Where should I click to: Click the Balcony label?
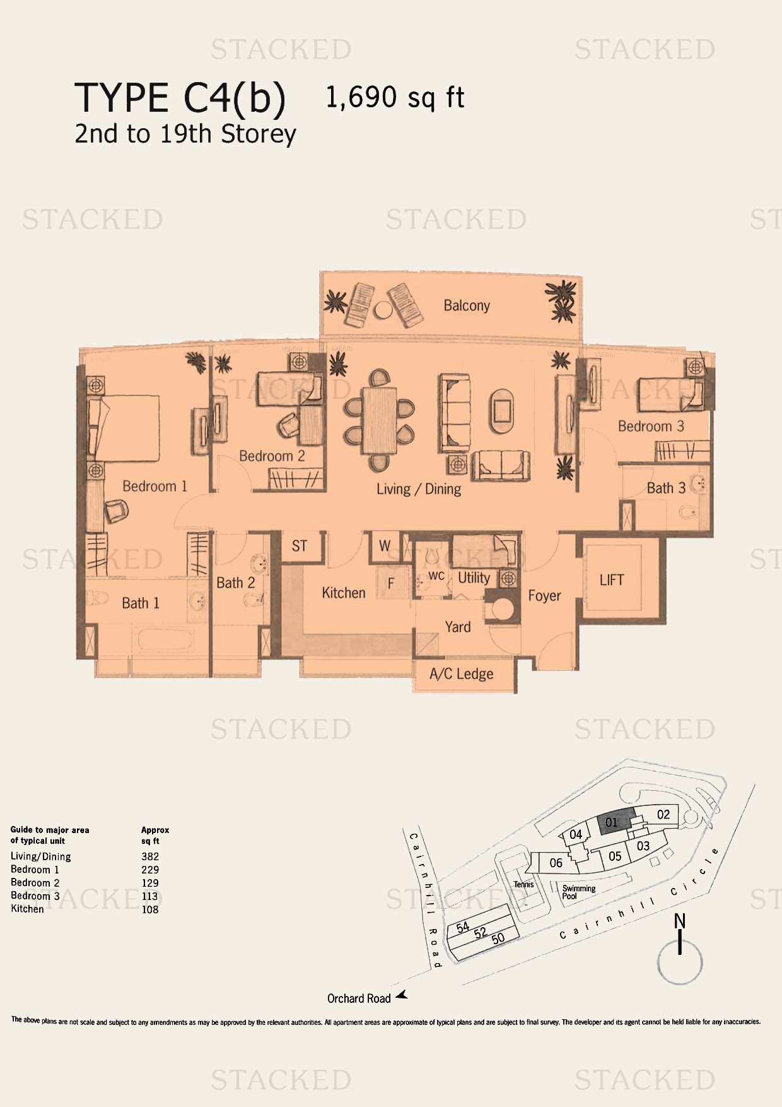point(467,305)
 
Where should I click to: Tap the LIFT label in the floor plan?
point(612,580)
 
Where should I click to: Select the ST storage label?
point(300,546)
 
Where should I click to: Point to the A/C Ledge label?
point(462,674)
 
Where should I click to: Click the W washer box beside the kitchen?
point(385,545)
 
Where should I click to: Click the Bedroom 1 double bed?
point(124,428)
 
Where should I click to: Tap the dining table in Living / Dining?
point(380,419)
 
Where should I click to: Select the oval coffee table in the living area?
point(502,411)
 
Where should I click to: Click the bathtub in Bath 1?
point(164,639)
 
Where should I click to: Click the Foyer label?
point(544,596)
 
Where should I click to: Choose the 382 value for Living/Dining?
point(150,856)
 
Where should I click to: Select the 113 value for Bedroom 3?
point(150,896)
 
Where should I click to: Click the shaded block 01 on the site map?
point(615,822)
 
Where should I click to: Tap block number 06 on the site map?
point(556,863)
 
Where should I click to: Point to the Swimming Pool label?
point(578,892)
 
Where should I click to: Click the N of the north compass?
point(679,921)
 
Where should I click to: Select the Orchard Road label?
point(359,998)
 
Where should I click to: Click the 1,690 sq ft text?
point(395,98)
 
